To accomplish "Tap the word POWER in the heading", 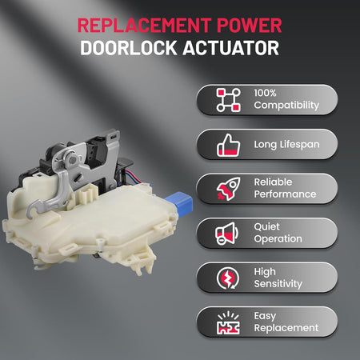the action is click(249, 26).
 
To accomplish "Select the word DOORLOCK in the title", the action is click(129, 48).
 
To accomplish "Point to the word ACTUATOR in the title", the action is click(231, 48).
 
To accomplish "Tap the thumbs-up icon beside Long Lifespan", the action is click(228, 145).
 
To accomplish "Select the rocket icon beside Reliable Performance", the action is click(228, 189).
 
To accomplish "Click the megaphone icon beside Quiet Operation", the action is click(227, 234).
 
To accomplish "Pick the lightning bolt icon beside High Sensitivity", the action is click(228, 278).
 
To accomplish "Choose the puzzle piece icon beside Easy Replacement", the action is click(228, 322).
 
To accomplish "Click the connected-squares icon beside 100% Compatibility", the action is click(228, 100).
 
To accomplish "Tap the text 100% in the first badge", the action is click(265, 93).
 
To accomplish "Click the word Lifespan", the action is click(299, 145).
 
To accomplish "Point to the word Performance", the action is click(285, 194).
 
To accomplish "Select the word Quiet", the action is click(266, 227).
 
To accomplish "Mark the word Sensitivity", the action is click(278, 284).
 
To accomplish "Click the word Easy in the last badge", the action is click(265, 316).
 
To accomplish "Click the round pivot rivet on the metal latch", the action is click(72, 160).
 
